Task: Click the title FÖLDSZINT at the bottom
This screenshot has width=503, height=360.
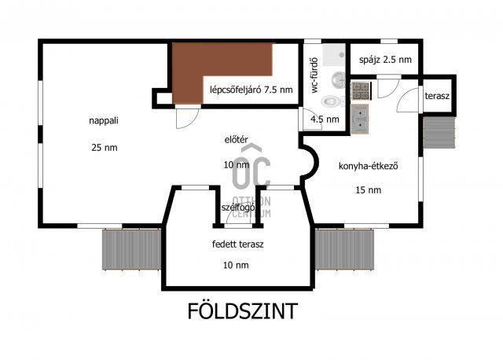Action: [x=242, y=311]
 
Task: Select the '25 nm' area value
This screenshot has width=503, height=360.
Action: [x=103, y=146]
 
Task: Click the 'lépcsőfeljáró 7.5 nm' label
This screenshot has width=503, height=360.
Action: [x=251, y=90]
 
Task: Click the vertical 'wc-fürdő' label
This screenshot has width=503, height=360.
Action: [x=314, y=75]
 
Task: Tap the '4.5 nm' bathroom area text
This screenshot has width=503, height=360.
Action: [x=325, y=119]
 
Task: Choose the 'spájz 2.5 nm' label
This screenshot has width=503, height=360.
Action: [x=384, y=61]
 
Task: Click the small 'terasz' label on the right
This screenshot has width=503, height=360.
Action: [x=437, y=96]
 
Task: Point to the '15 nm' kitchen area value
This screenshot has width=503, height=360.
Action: [x=368, y=190]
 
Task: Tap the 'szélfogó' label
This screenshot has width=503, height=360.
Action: [x=237, y=208]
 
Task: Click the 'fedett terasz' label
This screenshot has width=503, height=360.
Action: [x=237, y=244]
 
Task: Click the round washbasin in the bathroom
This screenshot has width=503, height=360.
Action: [x=339, y=79]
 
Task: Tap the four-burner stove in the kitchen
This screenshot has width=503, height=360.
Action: [x=359, y=90]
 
